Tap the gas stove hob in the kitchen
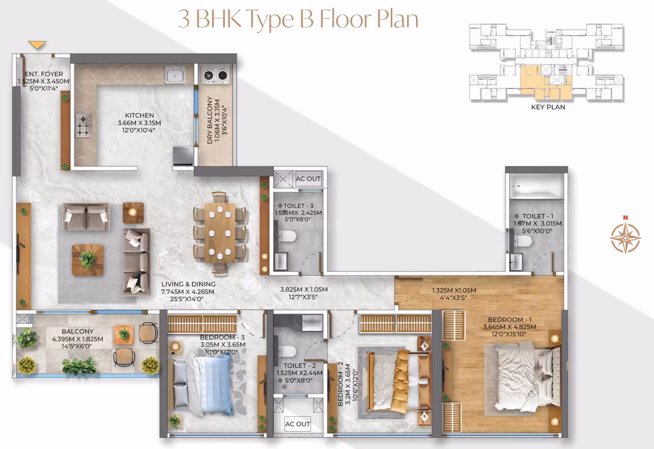(x=84, y=126)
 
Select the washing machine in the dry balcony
(x=215, y=74)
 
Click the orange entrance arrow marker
(x=37, y=45)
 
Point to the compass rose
(x=625, y=237)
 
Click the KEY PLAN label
(x=548, y=107)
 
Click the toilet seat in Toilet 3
(x=288, y=236)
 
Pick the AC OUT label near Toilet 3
(x=308, y=179)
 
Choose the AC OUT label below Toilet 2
(x=297, y=424)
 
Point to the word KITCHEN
(x=139, y=115)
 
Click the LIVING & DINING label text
(x=188, y=284)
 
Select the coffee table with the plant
(x=87, y=260)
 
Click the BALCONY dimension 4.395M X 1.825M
(x=77, y=339)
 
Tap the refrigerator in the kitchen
(x=183, y=156)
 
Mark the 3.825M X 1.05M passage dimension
(x=304, y=289)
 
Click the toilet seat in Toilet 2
(x=288, y=351)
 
